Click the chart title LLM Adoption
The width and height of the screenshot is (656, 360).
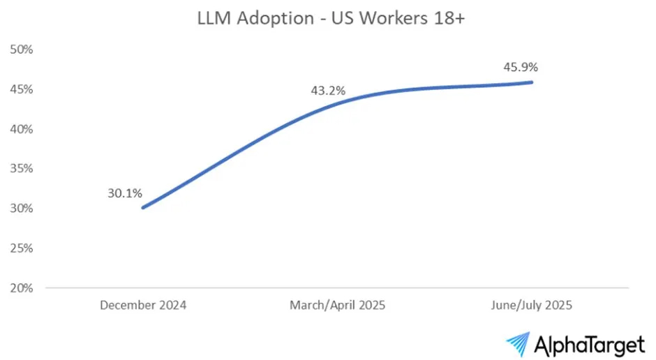(255, 19)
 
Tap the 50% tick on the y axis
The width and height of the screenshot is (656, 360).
(22, 50)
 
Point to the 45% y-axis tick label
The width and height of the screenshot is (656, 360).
(22, 89)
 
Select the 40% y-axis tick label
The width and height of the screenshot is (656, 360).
(22, 129)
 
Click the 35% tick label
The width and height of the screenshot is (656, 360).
(22, 169)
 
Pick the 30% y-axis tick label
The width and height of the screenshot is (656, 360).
(22, 209)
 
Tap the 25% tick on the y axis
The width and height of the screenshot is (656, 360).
(22, 248)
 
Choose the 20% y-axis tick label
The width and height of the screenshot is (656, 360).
(22, 288)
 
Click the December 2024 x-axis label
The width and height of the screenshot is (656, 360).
(142, 306)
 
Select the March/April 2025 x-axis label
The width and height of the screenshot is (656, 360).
(338, 306)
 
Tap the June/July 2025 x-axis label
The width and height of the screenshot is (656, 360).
(532, 306)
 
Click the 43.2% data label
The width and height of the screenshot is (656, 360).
(328, 91)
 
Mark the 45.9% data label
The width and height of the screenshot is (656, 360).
(521, 68)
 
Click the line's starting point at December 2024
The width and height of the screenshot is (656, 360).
(142, 207)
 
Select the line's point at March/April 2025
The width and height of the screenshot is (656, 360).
(338, 103)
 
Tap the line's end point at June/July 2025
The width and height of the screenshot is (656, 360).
(532, 82)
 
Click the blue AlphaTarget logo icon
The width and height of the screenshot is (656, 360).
(518, 343)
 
